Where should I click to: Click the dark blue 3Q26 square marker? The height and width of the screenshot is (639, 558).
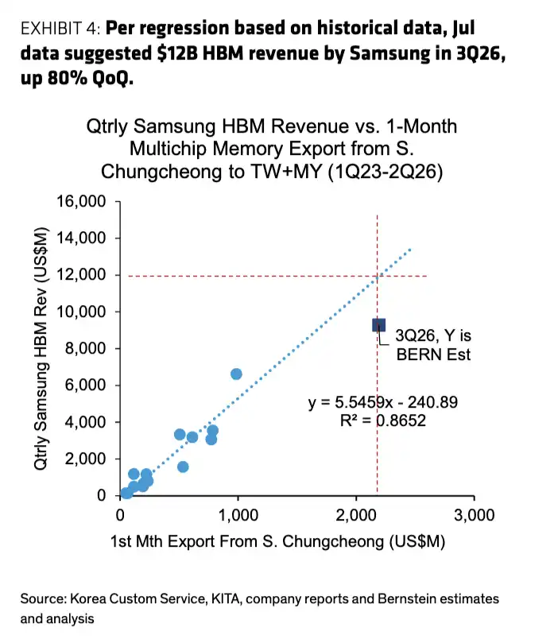tap(378, 325)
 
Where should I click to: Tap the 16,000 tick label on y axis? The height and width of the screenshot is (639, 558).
tap(81, 201)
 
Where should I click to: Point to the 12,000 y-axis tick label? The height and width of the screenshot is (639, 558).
tap(81, 275)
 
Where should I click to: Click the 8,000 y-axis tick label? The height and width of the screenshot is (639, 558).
tap(85, 349)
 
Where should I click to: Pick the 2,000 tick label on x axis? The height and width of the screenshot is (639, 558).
tap(356, 515)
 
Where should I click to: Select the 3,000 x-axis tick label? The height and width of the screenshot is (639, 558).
tap(474, 515)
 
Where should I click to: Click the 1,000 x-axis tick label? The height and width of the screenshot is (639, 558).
tap(238, 515)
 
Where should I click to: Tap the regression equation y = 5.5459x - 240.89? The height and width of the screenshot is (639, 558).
tap(383, 402)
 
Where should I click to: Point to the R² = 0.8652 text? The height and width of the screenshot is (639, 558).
tap(383, 420)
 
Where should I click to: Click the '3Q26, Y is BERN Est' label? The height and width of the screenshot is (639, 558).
tap(433, 345)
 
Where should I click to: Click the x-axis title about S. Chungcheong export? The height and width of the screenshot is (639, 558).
tap(277, 541)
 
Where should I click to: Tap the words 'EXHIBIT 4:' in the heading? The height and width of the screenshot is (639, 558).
tap(60, 29)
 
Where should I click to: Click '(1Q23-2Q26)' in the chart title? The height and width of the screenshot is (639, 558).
tap(386, 172)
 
